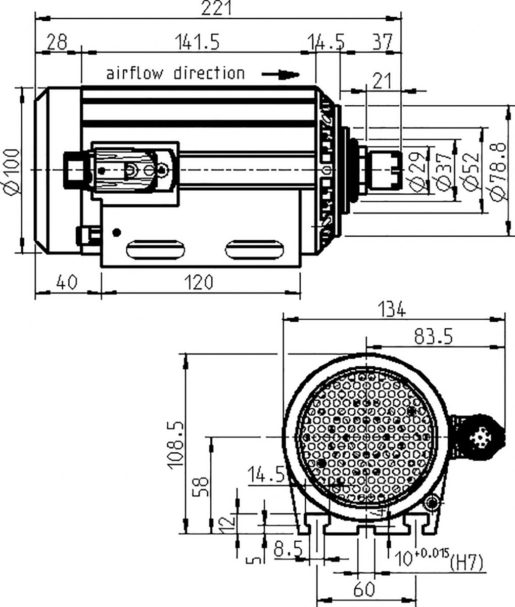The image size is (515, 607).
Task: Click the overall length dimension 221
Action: click(216, 8)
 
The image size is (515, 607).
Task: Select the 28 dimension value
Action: click(57, 41)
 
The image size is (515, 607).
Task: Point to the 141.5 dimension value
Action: click(197, 41)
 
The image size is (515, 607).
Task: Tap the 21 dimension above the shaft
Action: click(382, 81)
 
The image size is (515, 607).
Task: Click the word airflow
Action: click(134, 73)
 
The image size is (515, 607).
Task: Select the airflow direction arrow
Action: click(280, 74)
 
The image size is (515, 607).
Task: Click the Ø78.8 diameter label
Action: click(498, 172)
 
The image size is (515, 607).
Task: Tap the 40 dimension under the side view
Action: click(67, 282)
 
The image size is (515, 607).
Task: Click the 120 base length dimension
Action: click(199, 282)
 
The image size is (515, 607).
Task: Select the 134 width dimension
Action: click(392, 309)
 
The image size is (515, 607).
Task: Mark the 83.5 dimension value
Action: click(434, 336)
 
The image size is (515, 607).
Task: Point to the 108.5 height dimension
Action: click(175, 445)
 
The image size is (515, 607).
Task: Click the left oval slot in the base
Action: click(156, 249)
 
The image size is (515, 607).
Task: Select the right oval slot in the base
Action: click(254, 249)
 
